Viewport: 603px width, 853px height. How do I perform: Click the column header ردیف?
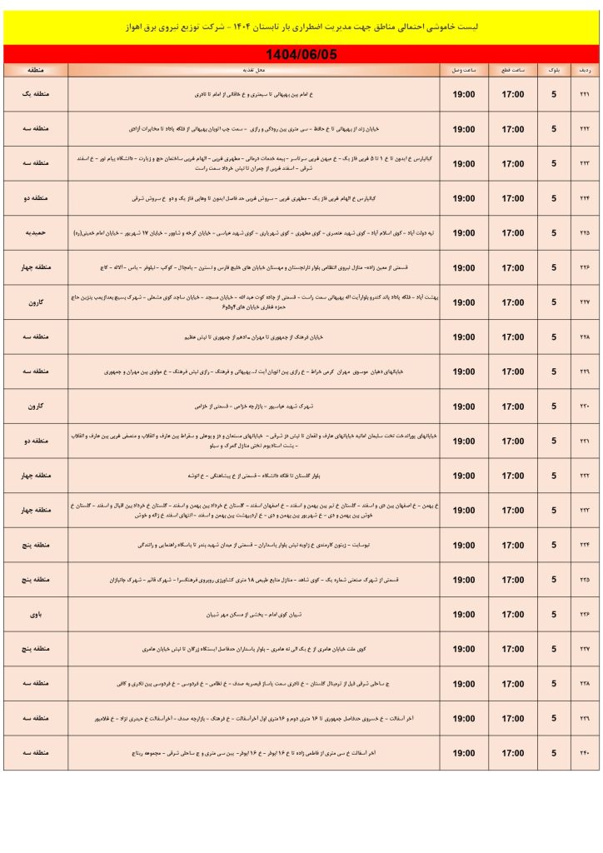coord(584,71)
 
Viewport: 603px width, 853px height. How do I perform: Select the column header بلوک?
coord(554,71)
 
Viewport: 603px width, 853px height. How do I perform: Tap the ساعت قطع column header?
coord(512,71)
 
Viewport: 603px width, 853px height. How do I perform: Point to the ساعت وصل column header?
coord(464,71)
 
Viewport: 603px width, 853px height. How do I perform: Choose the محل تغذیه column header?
coord(254,71)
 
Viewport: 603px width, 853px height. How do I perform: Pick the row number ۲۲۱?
coord(584,94)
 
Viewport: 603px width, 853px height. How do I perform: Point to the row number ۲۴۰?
coord(584,753)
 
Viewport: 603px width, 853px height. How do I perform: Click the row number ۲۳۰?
coord(584,407)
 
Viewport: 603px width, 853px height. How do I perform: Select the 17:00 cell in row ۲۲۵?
coord(512,233)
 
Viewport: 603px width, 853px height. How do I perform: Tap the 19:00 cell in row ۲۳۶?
coord(464,615)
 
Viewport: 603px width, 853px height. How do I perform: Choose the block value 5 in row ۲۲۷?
coord(554,302)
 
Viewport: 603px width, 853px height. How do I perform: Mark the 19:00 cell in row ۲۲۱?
coord(464,94)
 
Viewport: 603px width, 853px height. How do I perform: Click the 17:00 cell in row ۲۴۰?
coord(512,753)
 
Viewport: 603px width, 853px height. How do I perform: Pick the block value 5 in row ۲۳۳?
coord(554,511)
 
